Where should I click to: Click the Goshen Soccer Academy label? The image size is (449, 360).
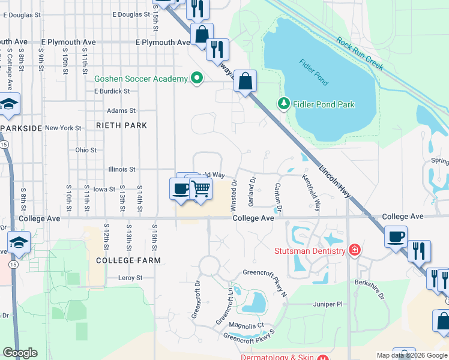(140, 79)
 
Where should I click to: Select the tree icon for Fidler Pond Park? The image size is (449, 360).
(283, 104)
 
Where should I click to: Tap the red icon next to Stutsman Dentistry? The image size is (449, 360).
(355, 250)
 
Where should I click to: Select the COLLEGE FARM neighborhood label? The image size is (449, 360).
(128, 260)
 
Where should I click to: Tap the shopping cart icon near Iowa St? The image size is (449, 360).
(201, 188)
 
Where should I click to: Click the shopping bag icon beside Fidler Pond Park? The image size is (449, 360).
(246, 82)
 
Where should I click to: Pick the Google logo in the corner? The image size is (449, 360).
(20, 353)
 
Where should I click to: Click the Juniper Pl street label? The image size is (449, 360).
(327, 304)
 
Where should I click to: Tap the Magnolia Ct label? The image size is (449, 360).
(247, 325)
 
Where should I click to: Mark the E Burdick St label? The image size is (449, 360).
(112, 91)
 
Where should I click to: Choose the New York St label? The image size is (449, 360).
(63, 128)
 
